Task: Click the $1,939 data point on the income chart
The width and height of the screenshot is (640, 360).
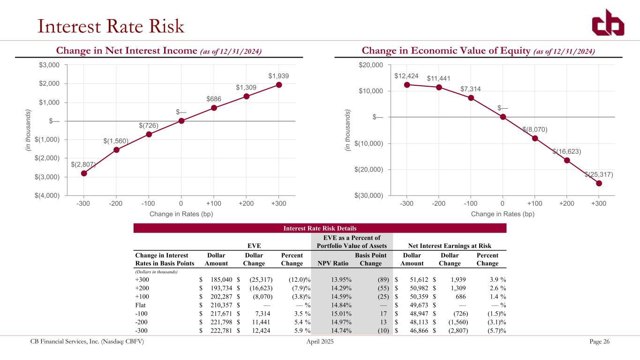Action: (279, 85)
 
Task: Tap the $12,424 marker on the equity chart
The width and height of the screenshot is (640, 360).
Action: (407, 85)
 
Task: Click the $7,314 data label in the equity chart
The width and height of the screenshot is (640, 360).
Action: (470, 89)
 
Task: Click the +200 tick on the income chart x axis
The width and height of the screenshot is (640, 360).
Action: (246, 203)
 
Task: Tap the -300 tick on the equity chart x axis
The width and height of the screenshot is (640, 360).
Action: (407, 203)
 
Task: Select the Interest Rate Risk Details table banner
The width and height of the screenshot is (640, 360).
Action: (320, 228)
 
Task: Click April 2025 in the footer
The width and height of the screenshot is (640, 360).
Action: (319, 341)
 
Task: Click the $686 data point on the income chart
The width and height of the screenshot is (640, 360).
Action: (214, 108)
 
